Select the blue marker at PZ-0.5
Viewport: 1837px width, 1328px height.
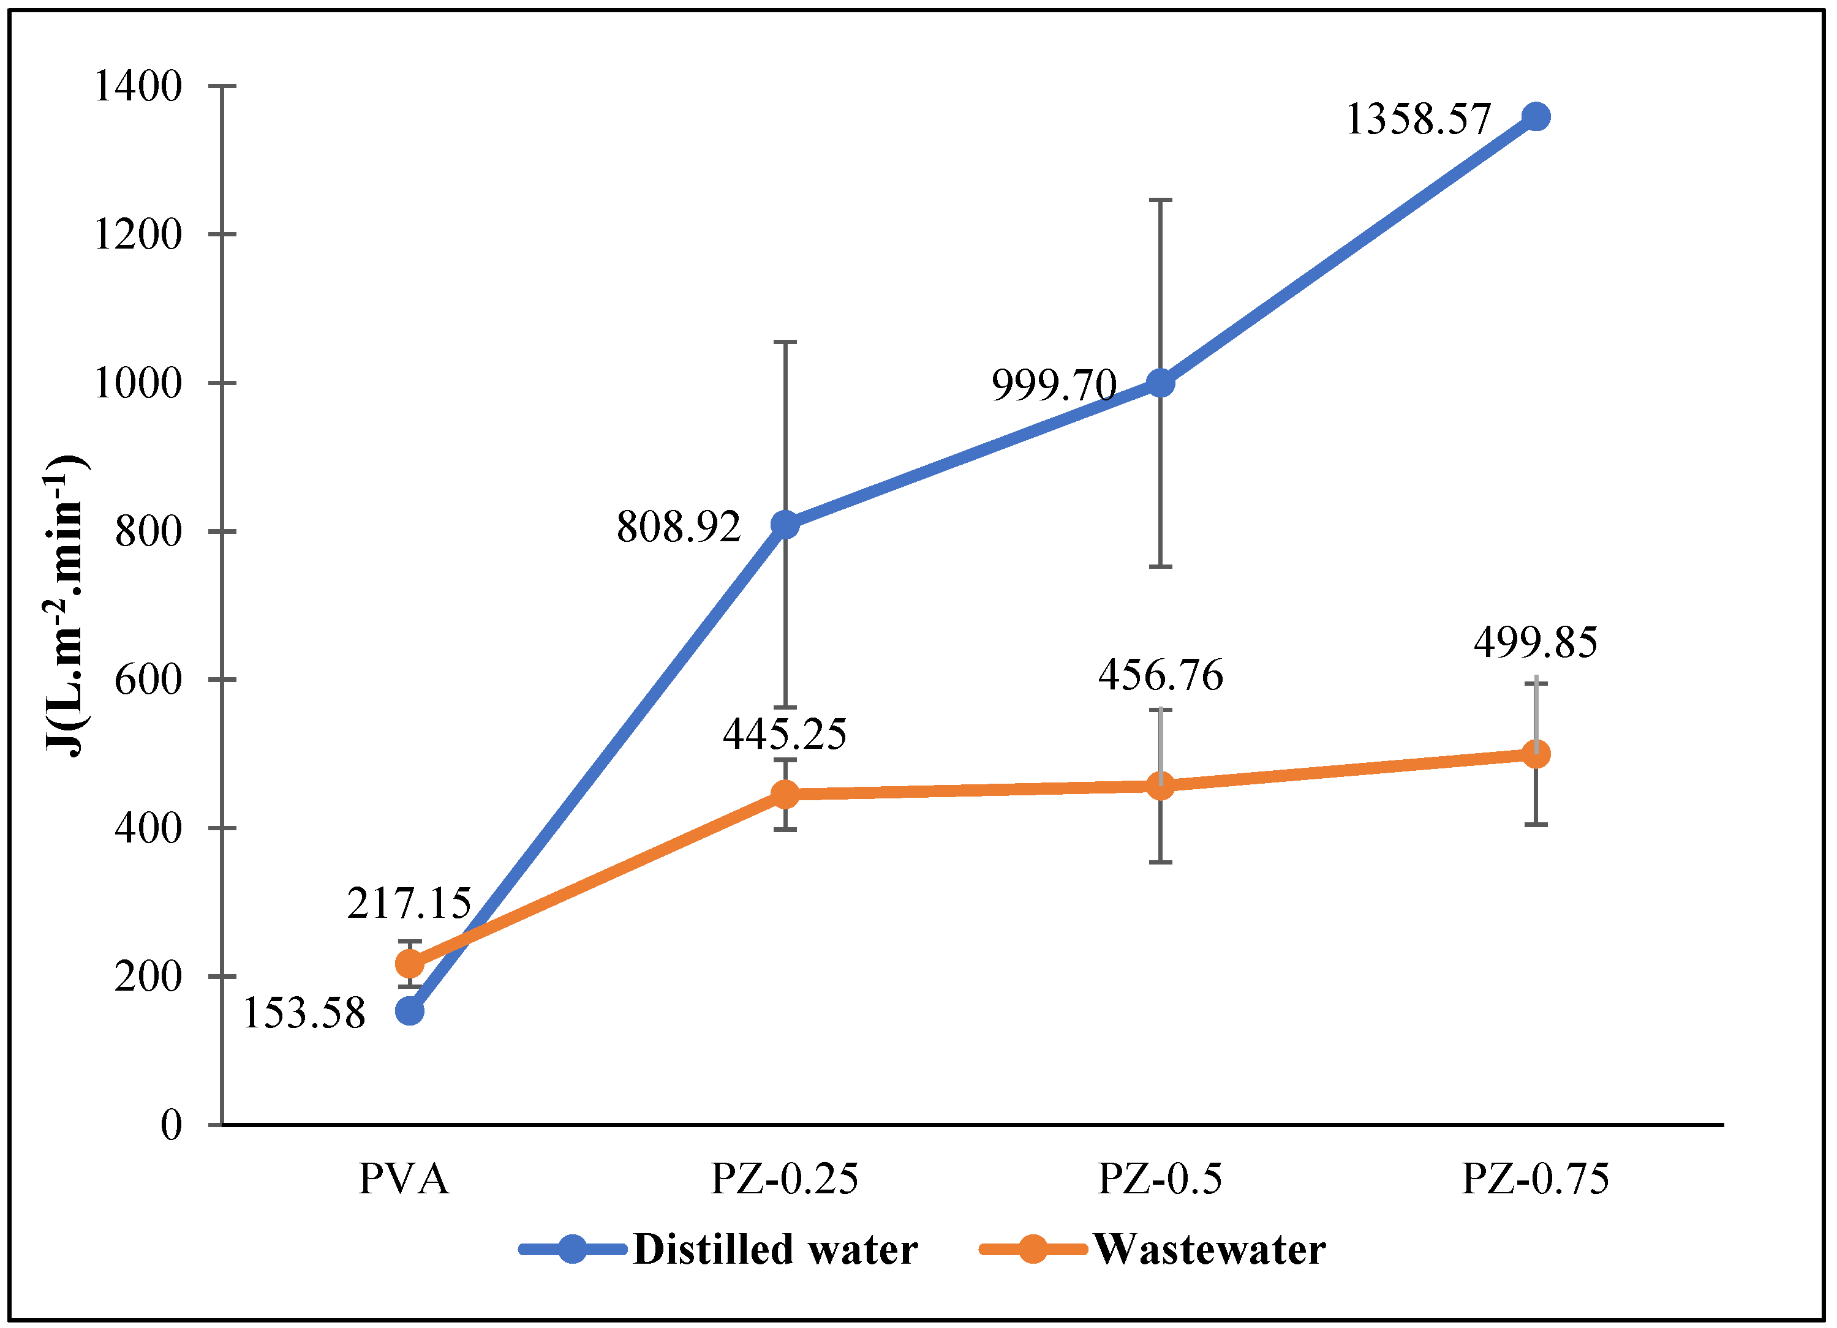(1161, 383)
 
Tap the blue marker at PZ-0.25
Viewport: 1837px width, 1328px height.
(785, 525)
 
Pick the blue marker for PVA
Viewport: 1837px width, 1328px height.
(410, 1011)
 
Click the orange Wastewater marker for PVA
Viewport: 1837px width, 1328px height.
(410, 964)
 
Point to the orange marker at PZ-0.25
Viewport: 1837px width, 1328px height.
(785, 794)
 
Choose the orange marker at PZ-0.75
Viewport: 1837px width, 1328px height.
(1536, 754)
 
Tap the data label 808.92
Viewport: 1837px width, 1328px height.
(679, 527)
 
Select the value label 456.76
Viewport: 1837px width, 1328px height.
(1160, 675)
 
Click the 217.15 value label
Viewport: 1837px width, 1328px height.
(409, 904)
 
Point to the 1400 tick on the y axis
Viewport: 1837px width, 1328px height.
(138, 86)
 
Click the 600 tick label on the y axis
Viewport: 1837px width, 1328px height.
(148, 680)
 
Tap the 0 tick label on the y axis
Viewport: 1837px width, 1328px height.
(171, 1125)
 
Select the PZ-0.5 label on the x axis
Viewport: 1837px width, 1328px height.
(1160, 1179)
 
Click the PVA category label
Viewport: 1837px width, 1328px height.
(404, 1179)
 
